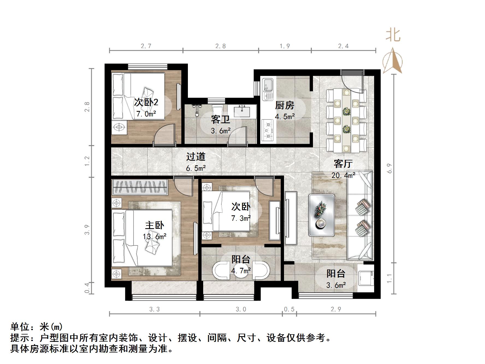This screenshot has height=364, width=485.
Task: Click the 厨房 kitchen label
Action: coord(284,105)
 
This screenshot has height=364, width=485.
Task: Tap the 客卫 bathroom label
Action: coord(220,119)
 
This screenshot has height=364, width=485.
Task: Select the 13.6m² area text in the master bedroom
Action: coord(155,237)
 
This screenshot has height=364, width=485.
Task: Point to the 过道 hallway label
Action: coord(196,157)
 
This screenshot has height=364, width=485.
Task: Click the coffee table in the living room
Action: coord(322,215)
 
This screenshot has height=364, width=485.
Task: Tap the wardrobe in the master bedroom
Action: coord(140,187)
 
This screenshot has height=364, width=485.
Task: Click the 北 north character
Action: coord(393,36)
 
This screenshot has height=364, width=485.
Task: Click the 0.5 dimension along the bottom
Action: coord(289,309)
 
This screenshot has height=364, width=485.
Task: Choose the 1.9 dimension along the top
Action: coord(285,46)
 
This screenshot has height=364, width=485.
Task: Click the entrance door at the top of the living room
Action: coord(353,82)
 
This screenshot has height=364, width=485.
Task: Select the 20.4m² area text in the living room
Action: coord(343,175)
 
